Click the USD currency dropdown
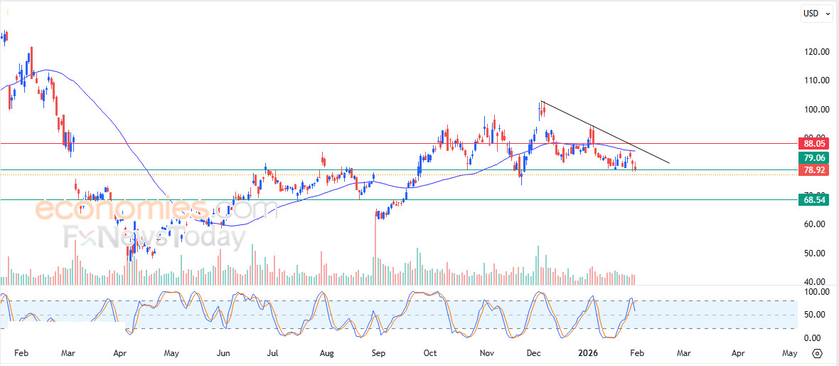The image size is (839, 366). point(815,13)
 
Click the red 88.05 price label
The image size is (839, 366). point(814,143)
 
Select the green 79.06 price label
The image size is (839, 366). point(814,158)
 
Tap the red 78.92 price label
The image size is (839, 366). point(814,170)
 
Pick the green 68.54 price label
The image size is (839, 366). point(814,200)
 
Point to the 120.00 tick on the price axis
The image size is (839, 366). point(814,52)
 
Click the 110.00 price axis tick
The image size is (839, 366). point(814,80)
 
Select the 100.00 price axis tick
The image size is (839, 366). point(814,110)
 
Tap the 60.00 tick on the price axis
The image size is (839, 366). point(814,224)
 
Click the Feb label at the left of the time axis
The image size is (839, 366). point(21,353)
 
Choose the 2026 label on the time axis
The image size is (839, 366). point(588,353)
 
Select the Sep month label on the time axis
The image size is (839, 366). point(378,353)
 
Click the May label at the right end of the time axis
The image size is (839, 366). point(789,353)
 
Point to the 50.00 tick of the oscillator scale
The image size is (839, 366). point(814,315)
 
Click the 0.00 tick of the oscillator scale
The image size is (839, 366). point(814,338)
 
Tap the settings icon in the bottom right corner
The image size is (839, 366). point(817,353)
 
